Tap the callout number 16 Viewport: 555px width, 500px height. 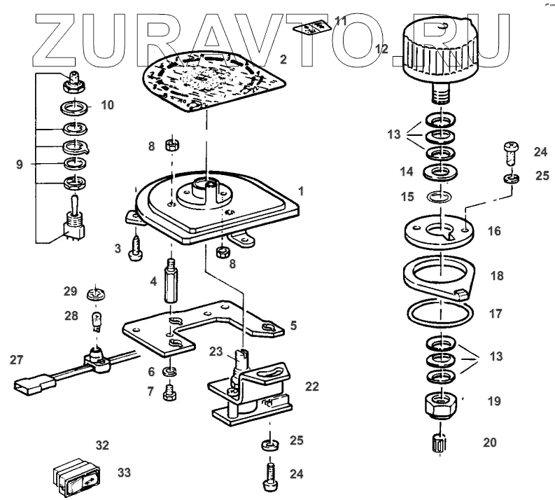[x=495, y=230]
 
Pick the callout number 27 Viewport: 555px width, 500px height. [x=16, y=360]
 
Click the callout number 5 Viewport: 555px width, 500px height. [x=293, y=325]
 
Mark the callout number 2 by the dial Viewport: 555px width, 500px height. [x=283, y=60]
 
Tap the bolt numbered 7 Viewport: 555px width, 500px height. [x=169, y=394]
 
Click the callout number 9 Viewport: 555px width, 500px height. [x=20, y=165]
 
